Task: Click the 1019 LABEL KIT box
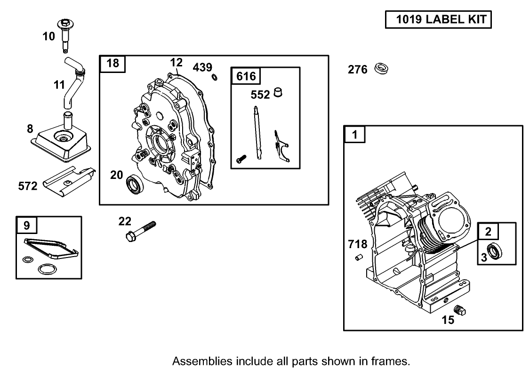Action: coord(438,20)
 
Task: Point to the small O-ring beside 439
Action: coord(215,78)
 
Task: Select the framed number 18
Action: coord(112,63)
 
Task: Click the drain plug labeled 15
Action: coord(460,310)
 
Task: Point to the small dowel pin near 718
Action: coord(358,257)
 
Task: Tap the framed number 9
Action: coord(26,226)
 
